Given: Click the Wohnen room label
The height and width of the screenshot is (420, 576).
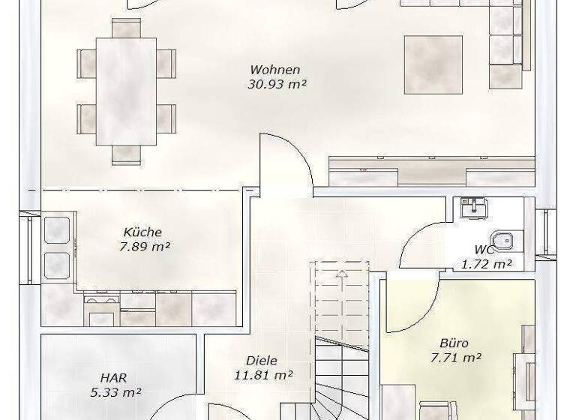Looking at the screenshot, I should pyautogui.click(x=275, y=70).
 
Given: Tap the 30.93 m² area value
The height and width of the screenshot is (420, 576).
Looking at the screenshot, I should pyautogui.click(x=277, y=85).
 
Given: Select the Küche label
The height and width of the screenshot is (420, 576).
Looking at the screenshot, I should pyautogui.click(x=142, y=232).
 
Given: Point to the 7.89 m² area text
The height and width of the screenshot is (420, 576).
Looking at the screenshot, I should pyautogui.click(x=144, y=247).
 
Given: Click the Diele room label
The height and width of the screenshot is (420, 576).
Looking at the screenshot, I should pyautogui.click(x=261, y=361).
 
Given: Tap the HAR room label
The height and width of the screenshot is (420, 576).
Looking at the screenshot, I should pyautogui.click(x=115, y=378).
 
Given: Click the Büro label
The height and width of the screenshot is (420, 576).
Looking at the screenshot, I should pyautogui.click(x=454, y=343).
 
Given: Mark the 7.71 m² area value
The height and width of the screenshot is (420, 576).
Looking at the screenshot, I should pyautogui.click(x=455, y=358).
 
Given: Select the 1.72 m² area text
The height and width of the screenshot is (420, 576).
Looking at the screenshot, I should pyautogui.click(x=486, y=263).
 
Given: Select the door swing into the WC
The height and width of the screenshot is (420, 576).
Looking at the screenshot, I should pyautogui.click(x=421, y=244).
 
